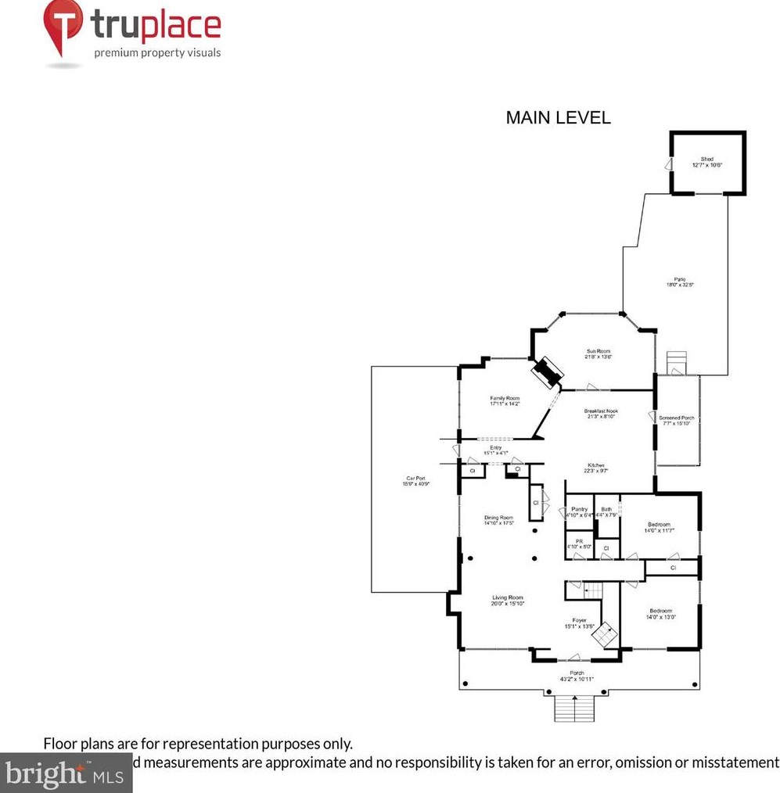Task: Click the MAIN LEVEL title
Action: pos(558,118)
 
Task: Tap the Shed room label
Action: pos(706,159)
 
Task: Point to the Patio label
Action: pos(680,280)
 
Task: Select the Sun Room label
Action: pos(598,351)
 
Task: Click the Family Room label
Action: pos(505,398)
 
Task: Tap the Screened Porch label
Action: pos(677,418)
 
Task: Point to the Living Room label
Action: pos(508,597)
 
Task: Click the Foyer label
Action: pos(578,620)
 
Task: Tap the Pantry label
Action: pos(579,509)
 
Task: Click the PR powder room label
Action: pos(579,540)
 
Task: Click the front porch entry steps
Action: pos(575,709)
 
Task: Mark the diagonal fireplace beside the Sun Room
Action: pos(547,373)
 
